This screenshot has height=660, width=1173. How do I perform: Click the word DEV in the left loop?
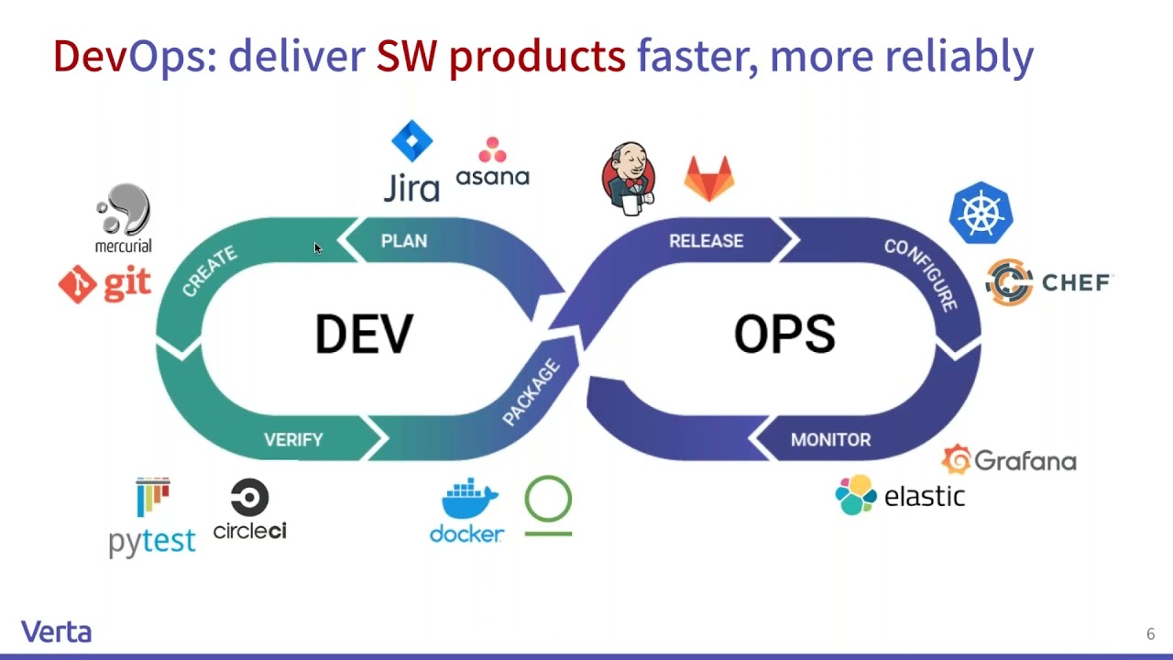click(x=364, y=334)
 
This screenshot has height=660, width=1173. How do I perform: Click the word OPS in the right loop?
click(x=784, y=334)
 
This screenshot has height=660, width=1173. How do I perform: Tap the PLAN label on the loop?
click(x=404, y=241)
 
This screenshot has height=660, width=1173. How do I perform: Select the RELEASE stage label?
click(x=706, y=241)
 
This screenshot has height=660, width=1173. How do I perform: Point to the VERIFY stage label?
click(x=293, y=439)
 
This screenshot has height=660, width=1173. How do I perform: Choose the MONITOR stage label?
click(x=830, y=439)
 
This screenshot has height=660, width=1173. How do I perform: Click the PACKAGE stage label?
click(x=531, y=391)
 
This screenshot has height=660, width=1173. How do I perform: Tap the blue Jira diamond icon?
click(x=412, y=141)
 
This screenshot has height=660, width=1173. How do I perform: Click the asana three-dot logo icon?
click(x=492, y=149)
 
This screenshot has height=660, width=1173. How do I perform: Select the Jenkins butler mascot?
click(x=629, y=178)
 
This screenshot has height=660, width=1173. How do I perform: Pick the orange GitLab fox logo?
click(x=709, y=178)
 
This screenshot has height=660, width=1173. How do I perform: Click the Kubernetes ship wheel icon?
click(x=981, y=213)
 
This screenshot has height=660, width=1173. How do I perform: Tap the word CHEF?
click(x=1076, y=283)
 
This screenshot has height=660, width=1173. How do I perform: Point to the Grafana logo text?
click(x=1025, y=461)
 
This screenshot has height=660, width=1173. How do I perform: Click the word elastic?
click(x=925, y=496)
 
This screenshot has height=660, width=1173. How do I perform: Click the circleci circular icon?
click(x=250, y=497)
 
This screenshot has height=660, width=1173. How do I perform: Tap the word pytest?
click(x=152, y=542)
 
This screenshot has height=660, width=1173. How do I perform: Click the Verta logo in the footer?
click(x=57, y=632)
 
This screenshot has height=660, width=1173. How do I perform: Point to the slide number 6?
click(x=1150, y=633)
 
